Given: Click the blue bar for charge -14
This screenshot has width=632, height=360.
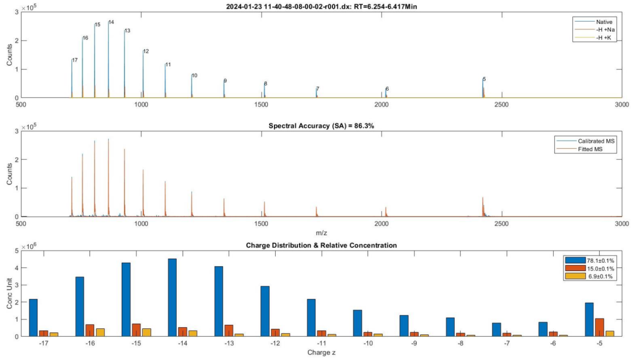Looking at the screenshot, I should (173, 297).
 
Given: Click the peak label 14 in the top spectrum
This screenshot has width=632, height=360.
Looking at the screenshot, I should (111, 22).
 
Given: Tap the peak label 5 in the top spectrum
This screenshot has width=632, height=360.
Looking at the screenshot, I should (484, 79).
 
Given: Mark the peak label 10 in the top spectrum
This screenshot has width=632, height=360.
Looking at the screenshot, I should (194, 76).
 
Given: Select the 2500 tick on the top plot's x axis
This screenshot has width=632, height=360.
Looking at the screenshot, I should (502, 105).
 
